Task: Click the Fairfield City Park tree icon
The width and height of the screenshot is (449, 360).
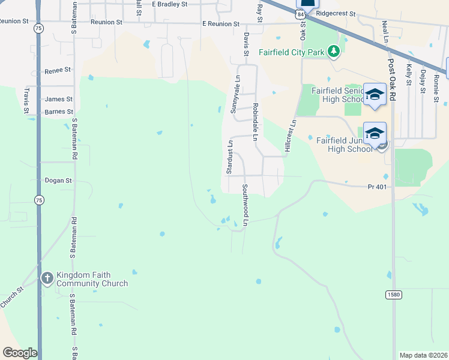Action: pyautogui.click(x=334, y=52)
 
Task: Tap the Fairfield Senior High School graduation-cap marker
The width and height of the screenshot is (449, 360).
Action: pyautogui.click(x=375, y=94)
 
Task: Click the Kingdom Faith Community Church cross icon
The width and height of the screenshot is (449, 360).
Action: pyautogui.click(x=47, y=278)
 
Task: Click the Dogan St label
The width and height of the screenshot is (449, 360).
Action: pyautogui.click(x=58, y=180)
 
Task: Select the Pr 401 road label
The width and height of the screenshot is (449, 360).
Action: pyautogui.click(x=378, y=187)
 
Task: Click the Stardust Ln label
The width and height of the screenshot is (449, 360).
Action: pyautogui.click(x=229, y=157)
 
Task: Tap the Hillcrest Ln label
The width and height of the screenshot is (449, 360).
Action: pyautogui.click(x=291, y=135)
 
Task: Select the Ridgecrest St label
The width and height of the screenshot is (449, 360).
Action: pyautogui.click(x=336, y=13)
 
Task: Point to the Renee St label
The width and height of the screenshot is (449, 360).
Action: pyautogui.click(x=58, y=71)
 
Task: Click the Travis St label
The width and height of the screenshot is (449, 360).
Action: pyautogui.click(x=26, y=100)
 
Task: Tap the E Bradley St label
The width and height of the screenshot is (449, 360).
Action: pyautogui.click(x=170, y=4)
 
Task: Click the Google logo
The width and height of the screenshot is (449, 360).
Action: pyautogui.click(x=20, y=353)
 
